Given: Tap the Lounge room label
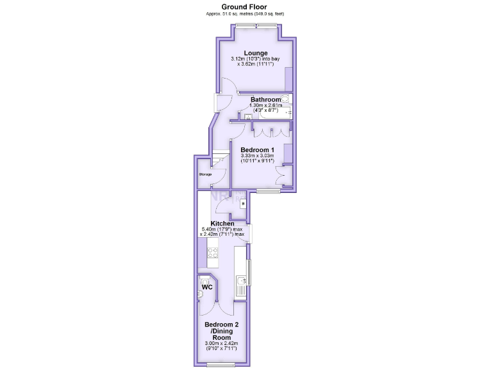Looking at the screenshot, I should coord(255,53).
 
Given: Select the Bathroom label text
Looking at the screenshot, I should coord(265,100).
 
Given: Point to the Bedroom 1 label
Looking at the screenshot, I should coord(257,149).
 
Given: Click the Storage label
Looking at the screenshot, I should coord(205,174).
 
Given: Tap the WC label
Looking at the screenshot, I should coord(207,287).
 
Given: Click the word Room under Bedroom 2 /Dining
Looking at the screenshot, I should coord(221,337).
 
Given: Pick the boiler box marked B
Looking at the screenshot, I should coord(242,203).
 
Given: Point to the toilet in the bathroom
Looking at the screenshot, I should coord(284,99).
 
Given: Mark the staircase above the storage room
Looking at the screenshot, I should coord(220,158).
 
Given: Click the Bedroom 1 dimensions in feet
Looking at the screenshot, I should coord(257,161).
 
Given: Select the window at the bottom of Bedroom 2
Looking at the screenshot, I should coord(221,365).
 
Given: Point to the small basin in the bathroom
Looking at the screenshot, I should coord(247,116).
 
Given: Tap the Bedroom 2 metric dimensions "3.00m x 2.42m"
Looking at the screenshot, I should coord(221,344).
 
